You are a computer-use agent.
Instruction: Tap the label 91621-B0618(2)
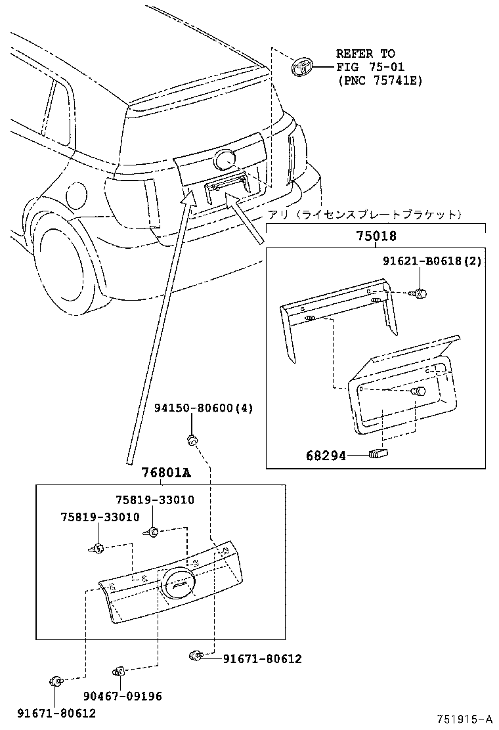pos(433,261)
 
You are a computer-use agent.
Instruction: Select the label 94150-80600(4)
pos(203,408)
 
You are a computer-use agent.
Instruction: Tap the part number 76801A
pos(166,473)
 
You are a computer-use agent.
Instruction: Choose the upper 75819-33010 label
pos(155,500)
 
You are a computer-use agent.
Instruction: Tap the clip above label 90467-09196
pos(119,672)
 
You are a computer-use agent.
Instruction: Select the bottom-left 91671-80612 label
pos(56,713)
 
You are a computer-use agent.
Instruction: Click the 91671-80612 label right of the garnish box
pos(262,658)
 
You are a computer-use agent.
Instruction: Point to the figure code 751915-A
pos(466,719)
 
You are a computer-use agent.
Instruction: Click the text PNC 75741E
pos(381,80)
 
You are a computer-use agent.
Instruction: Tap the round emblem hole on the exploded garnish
pos(177,582)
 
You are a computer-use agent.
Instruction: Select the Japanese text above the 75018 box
pos(365,215)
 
